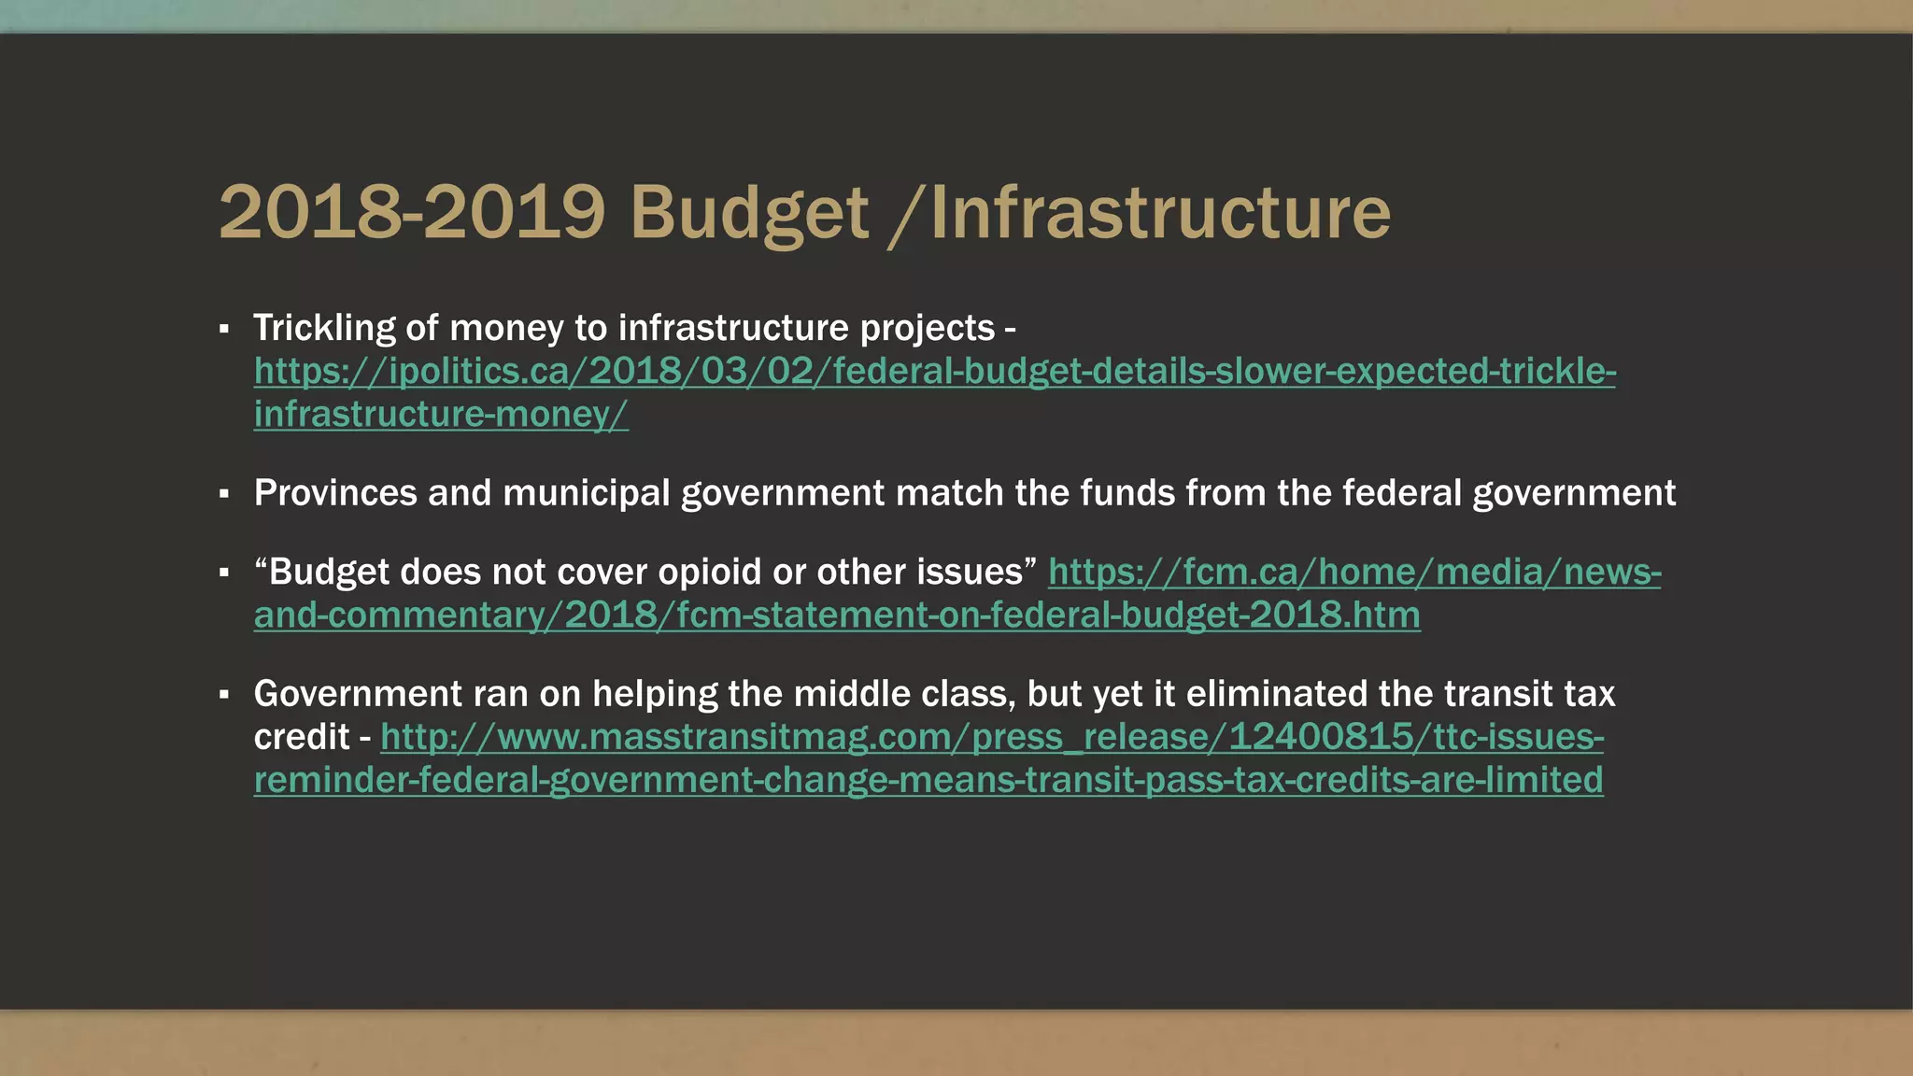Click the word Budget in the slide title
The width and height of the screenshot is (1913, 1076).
point(749,213)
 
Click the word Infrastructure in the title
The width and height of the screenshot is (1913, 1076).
point(1160,213)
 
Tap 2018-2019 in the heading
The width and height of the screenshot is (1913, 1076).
point(412,213)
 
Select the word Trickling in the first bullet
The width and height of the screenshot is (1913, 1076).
point(323,328)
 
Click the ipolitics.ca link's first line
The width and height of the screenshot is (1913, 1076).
point(934,372)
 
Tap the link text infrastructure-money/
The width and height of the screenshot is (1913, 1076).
point(441,415)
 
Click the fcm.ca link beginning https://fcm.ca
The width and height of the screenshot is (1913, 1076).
point(1354,572)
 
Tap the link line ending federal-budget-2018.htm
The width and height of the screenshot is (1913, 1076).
point(837,616)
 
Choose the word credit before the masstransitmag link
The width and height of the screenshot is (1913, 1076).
point(301,737)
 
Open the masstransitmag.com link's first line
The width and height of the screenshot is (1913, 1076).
point(992,737)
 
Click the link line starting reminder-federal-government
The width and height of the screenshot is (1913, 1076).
point(928,780)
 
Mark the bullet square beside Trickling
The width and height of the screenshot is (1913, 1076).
point(224,329)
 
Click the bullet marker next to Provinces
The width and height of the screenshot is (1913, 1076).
point(224,494)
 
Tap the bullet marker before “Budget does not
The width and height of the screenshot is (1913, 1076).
point(224,573)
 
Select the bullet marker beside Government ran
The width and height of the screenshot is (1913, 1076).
point(224,695)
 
